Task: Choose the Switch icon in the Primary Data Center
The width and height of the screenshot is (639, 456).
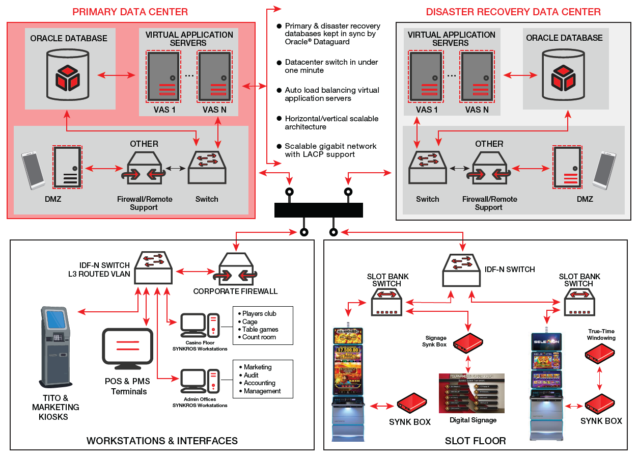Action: pos(207,168)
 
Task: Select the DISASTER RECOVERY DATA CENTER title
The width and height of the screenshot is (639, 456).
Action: pos(513,12)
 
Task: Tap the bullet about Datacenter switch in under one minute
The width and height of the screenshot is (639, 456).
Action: pos(331,66)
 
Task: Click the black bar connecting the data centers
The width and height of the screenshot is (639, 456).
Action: pos(319,210)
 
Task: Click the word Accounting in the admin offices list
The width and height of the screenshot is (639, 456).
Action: pos(259,383)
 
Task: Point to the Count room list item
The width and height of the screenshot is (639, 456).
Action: pos(259,337)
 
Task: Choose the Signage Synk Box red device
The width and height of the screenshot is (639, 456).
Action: pos(468,344)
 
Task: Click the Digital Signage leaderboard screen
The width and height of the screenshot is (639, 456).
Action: pos(471,393)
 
